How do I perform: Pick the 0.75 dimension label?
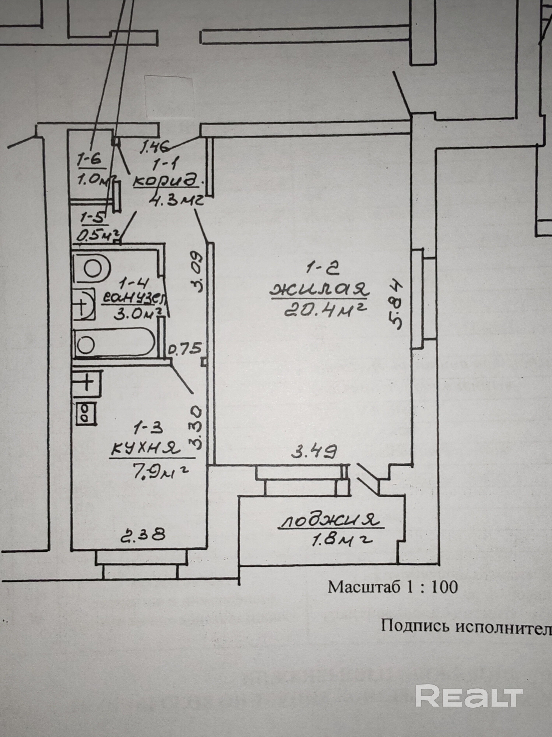[185, 349]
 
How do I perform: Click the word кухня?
[145, 450]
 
